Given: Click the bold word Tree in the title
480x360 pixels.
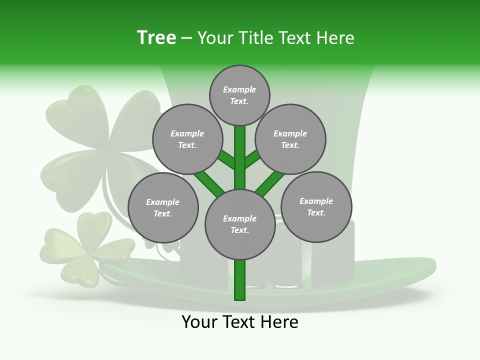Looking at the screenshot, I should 156,38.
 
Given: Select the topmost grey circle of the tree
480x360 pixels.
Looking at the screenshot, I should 239,95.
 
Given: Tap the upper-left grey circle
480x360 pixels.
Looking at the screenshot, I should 187,139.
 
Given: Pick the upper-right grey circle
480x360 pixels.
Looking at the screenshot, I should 290,139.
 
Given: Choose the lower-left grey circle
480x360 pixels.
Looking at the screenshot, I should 163,207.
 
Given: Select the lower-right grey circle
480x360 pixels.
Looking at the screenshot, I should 316,206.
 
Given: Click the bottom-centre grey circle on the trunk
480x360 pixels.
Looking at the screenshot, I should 240,224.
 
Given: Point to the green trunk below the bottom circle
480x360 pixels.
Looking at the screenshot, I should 240,280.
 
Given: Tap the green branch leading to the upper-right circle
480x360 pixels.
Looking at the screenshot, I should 252,159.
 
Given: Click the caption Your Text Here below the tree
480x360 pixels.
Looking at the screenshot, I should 240,322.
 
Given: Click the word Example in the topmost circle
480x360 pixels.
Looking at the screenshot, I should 239,89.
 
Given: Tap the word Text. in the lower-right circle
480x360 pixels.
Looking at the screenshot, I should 316,212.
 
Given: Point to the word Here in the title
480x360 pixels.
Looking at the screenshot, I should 335,38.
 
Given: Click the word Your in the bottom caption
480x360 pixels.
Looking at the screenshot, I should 199,322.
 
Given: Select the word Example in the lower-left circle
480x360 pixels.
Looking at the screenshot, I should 163,202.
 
